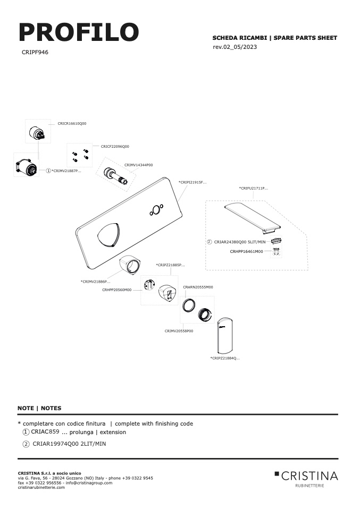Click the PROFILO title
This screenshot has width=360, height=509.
(79, 32)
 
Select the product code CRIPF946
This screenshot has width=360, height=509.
(35, 52)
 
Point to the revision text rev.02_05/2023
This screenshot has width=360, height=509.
(235, 47)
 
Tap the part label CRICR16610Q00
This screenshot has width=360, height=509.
(72, 124)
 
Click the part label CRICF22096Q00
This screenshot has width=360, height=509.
(115, 147)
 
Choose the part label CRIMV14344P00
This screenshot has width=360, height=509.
(138, 165)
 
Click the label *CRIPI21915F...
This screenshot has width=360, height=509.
(192, 182)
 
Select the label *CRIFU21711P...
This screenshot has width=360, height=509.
(254, 188)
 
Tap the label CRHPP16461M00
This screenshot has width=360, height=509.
(247, 252)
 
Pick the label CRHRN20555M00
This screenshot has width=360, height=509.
(198, 287)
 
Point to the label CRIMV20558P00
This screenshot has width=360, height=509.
(179, 331)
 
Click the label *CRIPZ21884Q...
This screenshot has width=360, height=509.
(225, 359)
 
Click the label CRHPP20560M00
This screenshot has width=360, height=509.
(117, 290)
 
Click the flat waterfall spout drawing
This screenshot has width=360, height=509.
(252, 217)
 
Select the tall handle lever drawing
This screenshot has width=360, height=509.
(225, 335)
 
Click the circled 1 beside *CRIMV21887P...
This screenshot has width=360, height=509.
(48, 171)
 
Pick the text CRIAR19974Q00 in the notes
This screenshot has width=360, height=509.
(55, 444)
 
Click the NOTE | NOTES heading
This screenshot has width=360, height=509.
(39, 409)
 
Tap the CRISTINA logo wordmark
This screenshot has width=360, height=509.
(309, 476)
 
